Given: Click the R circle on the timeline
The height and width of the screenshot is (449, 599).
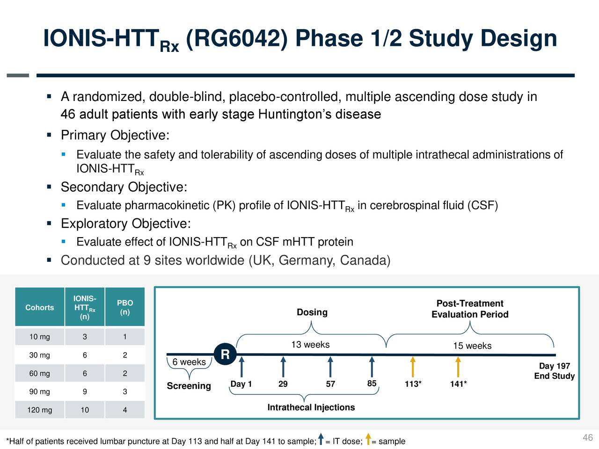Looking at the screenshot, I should pos(225,355).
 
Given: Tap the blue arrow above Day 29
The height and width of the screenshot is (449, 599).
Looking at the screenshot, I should pos(283,367).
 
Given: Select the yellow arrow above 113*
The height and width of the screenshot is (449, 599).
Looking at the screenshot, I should pos(413,367).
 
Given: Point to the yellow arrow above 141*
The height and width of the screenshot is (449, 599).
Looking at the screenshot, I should pos(458,367).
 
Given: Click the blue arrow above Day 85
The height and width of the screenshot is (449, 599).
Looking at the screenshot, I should pos(372,367).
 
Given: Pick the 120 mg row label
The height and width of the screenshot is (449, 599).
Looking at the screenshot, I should pos(40,410).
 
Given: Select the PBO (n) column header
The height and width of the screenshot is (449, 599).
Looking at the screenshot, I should pos(125,307).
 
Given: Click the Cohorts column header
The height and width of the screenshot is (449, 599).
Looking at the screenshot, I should pos(40,307).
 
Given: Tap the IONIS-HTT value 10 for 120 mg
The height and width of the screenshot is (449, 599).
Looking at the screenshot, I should pos(85,410).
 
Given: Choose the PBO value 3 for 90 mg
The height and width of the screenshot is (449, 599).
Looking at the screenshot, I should pos(125,392).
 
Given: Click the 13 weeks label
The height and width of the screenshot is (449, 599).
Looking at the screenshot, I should pos(310,345).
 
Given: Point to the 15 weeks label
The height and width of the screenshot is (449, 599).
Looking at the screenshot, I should pos(472,346).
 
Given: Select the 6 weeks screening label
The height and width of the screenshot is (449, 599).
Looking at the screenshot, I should pos(189,362).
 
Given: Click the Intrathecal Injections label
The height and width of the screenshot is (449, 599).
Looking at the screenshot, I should pos(311,407).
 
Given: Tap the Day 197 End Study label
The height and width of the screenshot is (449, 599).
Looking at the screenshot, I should pos(554,371).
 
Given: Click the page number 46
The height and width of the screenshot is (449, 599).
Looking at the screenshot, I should pos(588,438).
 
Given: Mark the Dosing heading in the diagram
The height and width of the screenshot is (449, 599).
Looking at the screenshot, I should pos(312,312).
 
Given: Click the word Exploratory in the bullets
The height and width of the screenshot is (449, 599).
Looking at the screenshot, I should pos(95,224).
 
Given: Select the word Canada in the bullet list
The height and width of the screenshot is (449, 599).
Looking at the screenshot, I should pos(363,260).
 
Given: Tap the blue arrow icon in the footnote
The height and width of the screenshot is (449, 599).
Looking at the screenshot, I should pos(321,440).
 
